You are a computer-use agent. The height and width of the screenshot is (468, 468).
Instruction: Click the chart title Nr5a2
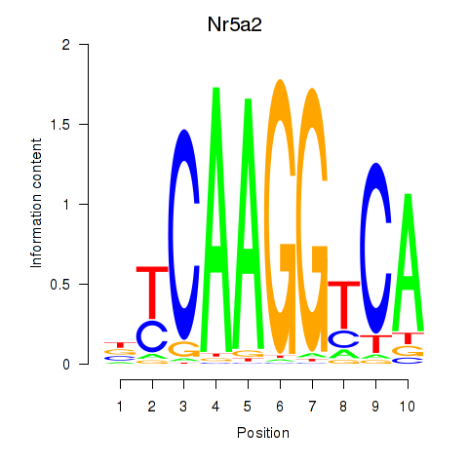234,24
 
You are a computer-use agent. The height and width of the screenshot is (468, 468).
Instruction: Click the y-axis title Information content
36,204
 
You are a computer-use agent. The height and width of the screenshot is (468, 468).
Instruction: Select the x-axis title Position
263,433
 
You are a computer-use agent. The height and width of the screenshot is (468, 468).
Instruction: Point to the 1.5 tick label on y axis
60,124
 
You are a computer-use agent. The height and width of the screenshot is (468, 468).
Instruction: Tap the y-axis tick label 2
66,44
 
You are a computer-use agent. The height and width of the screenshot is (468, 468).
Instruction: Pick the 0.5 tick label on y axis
60,284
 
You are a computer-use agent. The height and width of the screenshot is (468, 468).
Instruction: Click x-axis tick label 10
408,407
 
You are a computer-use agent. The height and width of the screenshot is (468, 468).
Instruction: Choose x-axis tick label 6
280,407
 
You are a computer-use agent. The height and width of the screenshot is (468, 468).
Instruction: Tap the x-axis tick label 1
120,407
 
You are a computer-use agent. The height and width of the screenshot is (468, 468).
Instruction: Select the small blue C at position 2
152,336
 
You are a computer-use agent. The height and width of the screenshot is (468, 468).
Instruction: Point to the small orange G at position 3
184,349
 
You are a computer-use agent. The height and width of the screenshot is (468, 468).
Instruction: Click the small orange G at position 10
408,351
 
